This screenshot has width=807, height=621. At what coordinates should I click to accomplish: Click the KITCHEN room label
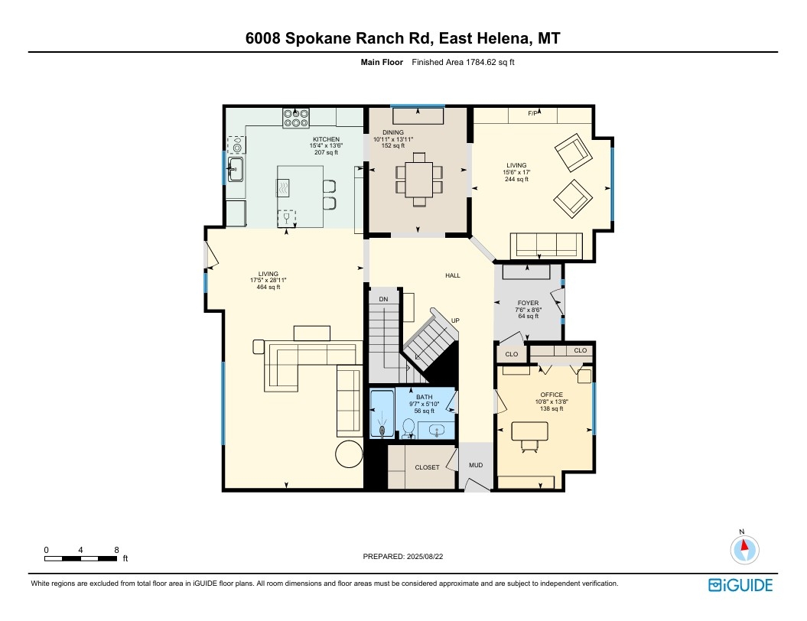click(327, 139)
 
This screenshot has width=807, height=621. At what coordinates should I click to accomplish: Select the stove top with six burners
click(296, 118)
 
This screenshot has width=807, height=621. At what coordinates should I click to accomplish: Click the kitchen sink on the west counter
click(236, 169)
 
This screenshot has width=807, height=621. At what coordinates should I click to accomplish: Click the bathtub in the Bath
click(382, 415)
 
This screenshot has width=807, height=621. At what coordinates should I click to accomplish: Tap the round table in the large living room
click(349, 454)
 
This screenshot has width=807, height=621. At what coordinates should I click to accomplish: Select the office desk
click(529, 431)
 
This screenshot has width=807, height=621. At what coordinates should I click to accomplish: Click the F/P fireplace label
click(532, 113)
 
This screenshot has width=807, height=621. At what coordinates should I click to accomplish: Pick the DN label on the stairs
click(383, 299)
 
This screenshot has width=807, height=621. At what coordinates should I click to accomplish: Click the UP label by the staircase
click(455, 320)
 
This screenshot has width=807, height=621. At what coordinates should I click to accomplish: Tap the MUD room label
click(476, 465)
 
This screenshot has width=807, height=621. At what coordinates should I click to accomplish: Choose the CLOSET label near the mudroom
click(427, 467)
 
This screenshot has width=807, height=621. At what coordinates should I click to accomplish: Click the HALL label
click(453, 275)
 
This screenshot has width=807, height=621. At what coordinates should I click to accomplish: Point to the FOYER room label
click(528, 303)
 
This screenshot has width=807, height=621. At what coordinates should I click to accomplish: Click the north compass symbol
click(744, 549)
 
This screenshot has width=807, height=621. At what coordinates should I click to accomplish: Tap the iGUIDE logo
click(740, 585)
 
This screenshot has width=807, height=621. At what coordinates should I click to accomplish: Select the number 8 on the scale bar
click(117, 550)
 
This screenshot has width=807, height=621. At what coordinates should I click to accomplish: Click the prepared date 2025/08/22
click(425, 556)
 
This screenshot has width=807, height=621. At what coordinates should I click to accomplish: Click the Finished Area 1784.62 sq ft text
click(464, 62)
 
